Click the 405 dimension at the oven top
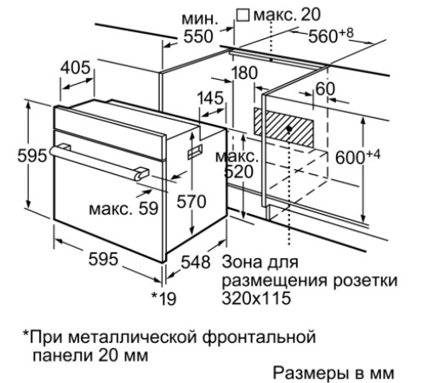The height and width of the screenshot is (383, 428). tap(76, 68)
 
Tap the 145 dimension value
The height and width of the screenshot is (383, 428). tap(211, 99)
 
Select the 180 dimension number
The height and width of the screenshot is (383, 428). tap(244, 73)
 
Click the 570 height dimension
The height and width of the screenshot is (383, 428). tap(191, 201)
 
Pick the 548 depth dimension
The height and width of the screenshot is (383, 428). tap(196, 262)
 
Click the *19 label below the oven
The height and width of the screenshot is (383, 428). tap(164, 299)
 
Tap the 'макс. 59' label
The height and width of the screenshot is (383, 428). tap(123, 209)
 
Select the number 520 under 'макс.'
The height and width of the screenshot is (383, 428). tap(238, 172)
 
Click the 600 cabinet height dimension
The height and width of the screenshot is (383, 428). tap(357, 156)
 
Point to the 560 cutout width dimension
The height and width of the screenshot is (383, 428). tap(331, 36)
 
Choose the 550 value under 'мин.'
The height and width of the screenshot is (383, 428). tap(198, 37)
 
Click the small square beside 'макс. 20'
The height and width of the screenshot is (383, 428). tap(243, 15)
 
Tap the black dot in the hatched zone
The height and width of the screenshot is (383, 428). tap(289, 129)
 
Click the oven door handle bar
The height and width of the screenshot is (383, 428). tap(99, 162)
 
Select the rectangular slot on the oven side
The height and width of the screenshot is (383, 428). tap(196, 152)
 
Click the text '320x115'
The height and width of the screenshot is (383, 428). tap(256, 297)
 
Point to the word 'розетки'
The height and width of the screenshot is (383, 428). tap(365, 280)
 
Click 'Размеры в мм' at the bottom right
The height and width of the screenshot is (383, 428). tap(334, 373)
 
